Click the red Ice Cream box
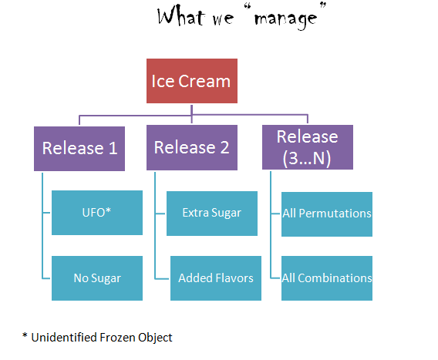coord(192,80)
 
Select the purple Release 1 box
coord(80,147)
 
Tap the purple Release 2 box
coord(192,147)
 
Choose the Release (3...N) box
coord(308,147)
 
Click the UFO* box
coord(97,213)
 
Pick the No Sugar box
coord(97,278)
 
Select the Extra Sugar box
coord(211,213)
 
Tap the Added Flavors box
coord(215,278)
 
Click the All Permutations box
coord(327,214)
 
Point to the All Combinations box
coord(327,278)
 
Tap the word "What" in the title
coord(182,16)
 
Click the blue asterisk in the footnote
coord(25,335)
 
